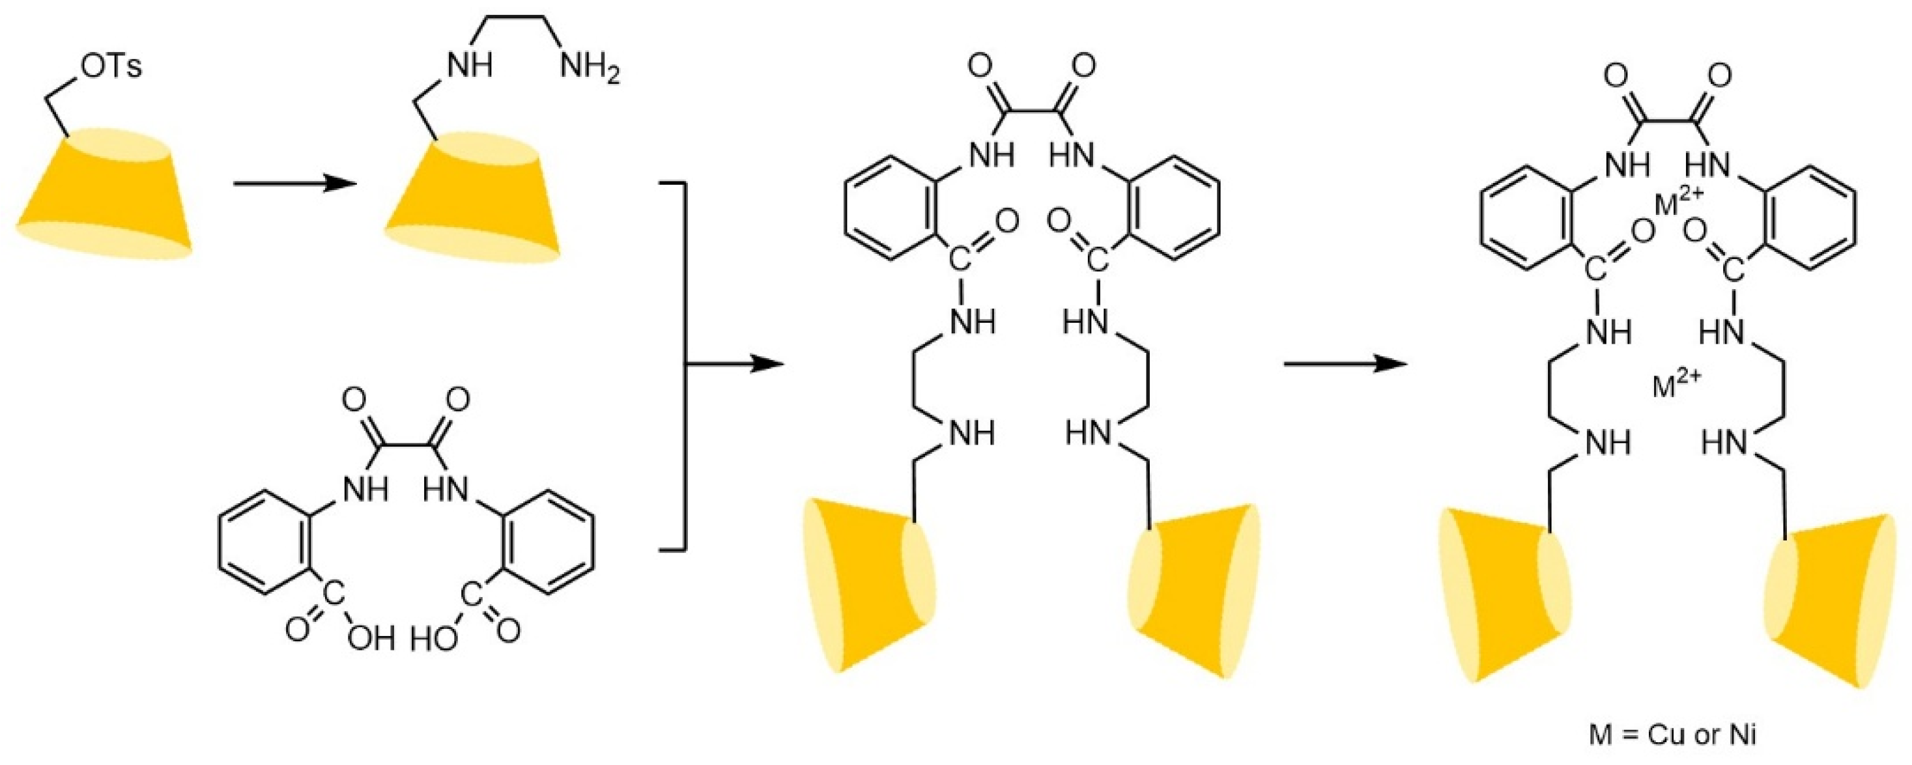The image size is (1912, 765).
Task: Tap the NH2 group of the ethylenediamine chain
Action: coord(590,69)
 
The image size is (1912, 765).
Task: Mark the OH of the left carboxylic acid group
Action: coord(371,639)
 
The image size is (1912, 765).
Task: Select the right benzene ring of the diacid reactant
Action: coord(549,542)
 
